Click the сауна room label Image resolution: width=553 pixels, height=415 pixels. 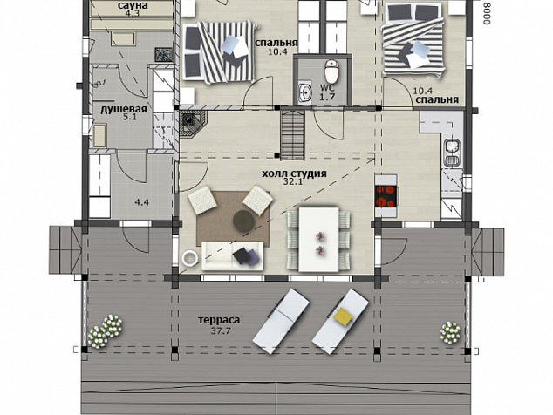pyautogui.click(x=133, y=5)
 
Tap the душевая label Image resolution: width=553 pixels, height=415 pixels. pyautogui.click(x=124, y=109)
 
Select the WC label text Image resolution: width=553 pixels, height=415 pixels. pyautogui.click(x=327, y=87)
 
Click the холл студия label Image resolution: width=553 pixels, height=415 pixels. pyautogui.click(x=294, y=173)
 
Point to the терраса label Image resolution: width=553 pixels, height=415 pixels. pyautogui.click(x=219, y=320)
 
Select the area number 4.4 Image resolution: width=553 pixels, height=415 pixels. pyautogui.click(x=142, y=202)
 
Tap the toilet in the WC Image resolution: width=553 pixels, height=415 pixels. pyautogui.click(x=331, y=71)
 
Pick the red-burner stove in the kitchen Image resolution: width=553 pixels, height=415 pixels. pyautogui.click(x=386, y=195)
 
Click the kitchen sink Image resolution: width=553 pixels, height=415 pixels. pyautogui.click(x=452, y=153)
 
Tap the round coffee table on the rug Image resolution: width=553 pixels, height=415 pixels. pyautogui.click(x=243, y=221)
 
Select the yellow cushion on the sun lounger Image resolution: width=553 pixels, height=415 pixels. pyautogui.click(x=343, y=316)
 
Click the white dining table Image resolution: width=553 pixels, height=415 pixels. pyautogui.click(x=319, y=240)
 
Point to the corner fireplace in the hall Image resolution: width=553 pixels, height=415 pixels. pyautogui.click(x=193, y=124)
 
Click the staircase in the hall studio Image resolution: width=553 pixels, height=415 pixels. pyautogui.click(x=293, y=135)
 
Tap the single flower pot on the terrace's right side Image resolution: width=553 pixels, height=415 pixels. pyautogui.click(x=450, y=332)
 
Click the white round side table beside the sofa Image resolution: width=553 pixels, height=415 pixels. pyautogui.click(x=190, y=258)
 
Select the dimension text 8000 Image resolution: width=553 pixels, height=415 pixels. pyautogui.click(x=487, y=13)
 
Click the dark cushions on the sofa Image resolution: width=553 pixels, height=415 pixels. pyautogui.click(x=246, y=255)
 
